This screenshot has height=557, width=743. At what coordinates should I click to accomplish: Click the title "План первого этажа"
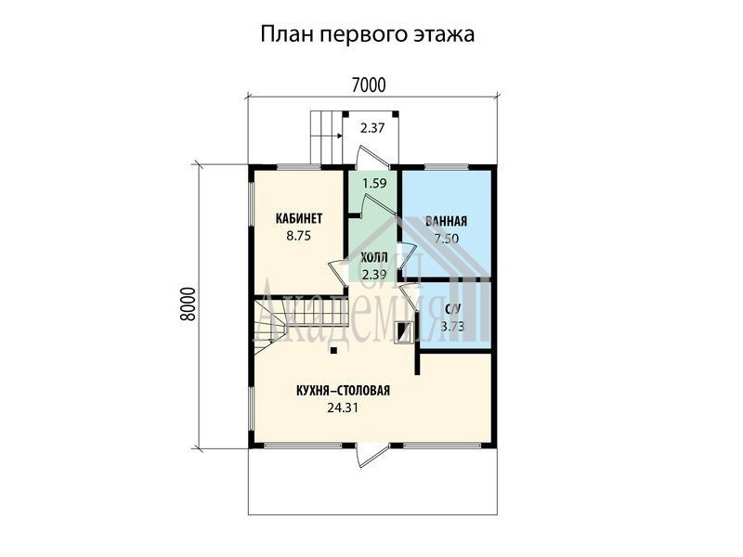(x=367, y=34)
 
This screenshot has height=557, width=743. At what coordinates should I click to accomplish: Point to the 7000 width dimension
(x=369, y=85)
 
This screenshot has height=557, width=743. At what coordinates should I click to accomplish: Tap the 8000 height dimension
(x=188, y=304)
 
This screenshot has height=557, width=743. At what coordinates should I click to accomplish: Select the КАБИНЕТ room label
(x=298, y=218)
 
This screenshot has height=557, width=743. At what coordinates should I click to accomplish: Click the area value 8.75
(x=298, y=236)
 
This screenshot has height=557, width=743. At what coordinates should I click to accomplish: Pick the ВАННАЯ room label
(x=446, y=221)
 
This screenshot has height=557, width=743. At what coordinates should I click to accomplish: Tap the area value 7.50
(x=447, y=239)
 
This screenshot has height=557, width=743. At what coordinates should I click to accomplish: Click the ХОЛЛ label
(x=374, y=258)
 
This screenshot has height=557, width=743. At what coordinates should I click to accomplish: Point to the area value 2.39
(x=374, y=275)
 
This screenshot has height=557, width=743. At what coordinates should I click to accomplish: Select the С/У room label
(x=452, y=309)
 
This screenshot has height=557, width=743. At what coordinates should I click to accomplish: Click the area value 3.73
(x=452, y=327)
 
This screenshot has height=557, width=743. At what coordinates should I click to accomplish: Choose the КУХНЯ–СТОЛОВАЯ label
(x=343, y=391)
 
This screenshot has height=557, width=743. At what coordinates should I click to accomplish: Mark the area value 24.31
(x=343, y=408)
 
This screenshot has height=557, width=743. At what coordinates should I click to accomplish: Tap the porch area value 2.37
(x=372, y=128)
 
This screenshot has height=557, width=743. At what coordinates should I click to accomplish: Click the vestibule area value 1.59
(x=374, y=183)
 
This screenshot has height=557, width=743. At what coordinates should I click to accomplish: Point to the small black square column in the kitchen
(x=333, y=351)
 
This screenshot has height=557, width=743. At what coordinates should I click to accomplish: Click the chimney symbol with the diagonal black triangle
(x=403, y=331)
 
